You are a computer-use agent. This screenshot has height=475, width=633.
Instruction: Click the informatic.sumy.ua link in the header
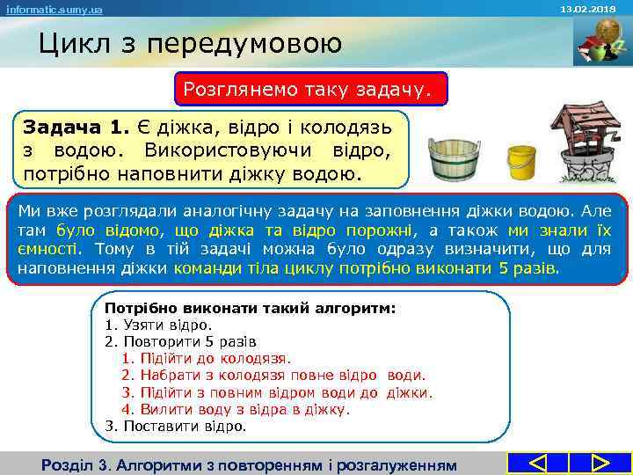54,9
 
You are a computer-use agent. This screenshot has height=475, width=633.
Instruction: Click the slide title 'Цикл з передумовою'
189,42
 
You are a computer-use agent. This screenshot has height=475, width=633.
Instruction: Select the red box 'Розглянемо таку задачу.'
311,89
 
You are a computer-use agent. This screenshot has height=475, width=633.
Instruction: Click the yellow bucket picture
521,161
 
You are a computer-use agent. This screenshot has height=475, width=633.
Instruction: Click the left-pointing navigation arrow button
538,463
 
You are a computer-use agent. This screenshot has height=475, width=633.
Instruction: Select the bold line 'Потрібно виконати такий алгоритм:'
251,309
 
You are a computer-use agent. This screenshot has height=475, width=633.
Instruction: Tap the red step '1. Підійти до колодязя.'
206,358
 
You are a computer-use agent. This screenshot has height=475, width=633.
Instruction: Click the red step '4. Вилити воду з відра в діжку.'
235,409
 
